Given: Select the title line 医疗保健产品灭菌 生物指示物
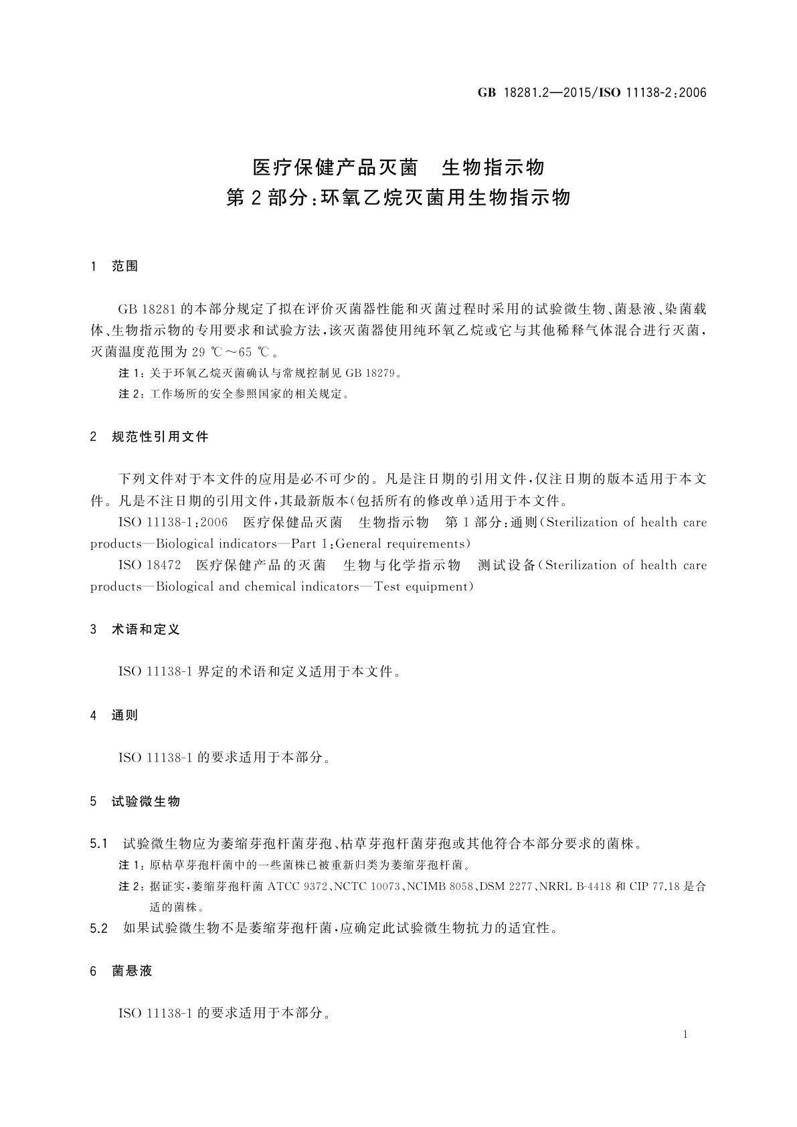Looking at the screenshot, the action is click(398, 167).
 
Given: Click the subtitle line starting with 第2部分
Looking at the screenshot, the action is click(398, 198).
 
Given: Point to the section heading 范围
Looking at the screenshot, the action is click(124, 266).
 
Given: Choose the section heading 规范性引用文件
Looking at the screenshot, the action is click(160, 437).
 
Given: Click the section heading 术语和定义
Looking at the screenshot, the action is click(146, 630).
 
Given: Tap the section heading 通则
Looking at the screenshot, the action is click(124, 715).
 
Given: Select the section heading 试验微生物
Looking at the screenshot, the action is click(146, 801).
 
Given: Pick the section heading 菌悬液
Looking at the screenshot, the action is click(132, 971).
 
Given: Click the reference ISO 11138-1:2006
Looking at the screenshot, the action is click(173, 523).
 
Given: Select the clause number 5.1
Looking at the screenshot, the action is click(99, 844).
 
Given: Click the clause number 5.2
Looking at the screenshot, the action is click(99, 929).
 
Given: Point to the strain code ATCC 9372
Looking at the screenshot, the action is click(296, 887).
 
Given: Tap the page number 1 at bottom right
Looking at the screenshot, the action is click(685, 1035).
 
